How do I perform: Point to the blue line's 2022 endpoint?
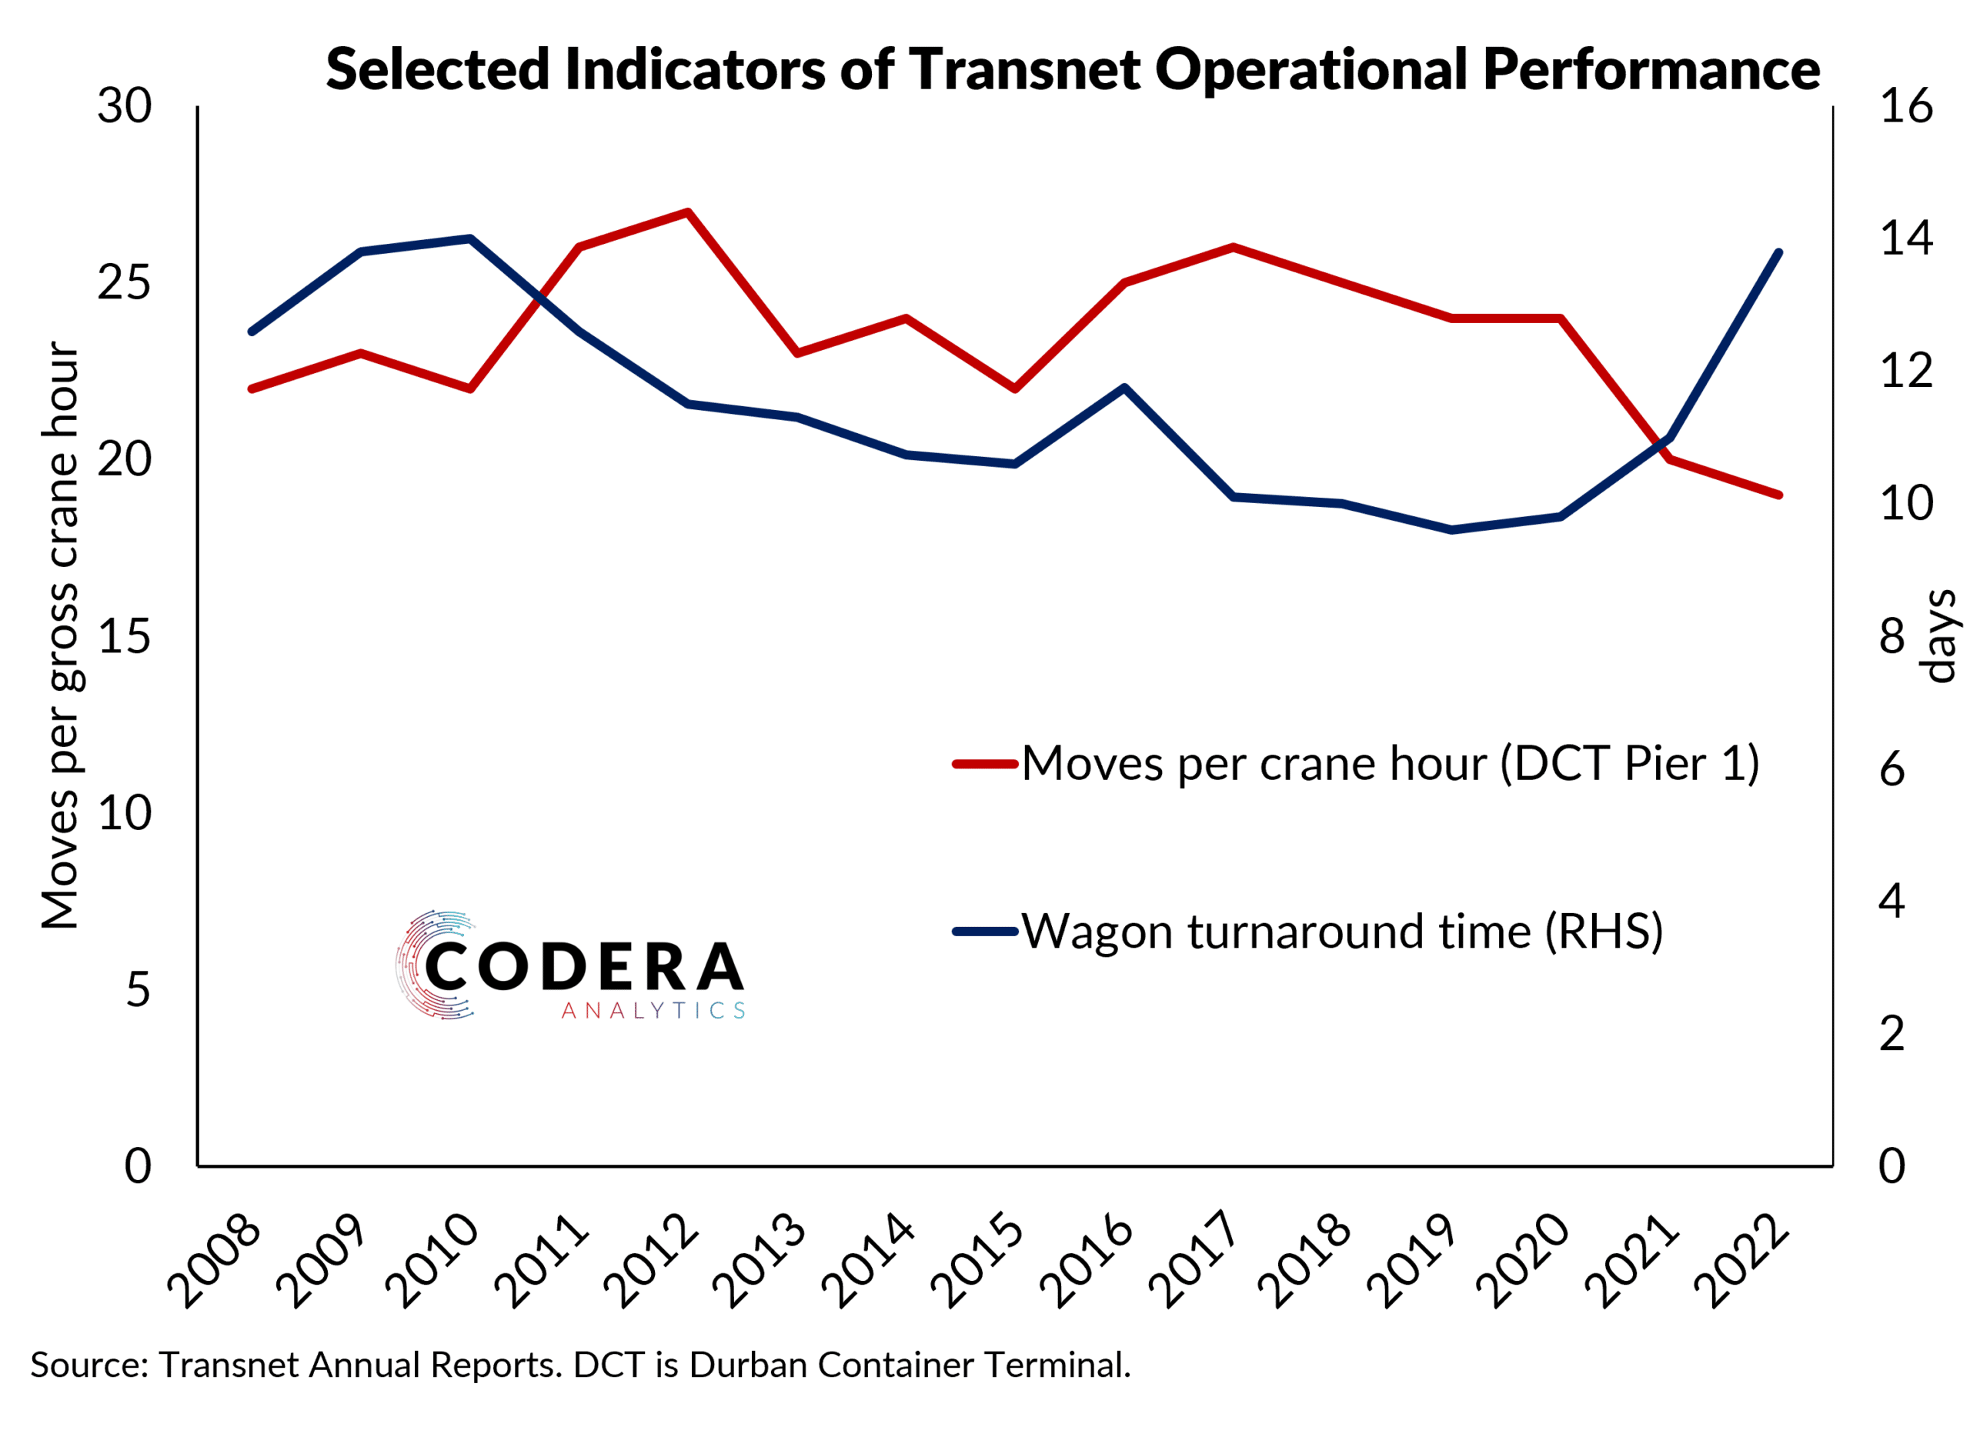tap(1778, 253)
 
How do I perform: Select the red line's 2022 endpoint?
tap(1778, 495)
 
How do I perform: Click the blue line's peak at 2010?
tap(470, 238)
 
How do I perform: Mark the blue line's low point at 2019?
tap(1451, 530)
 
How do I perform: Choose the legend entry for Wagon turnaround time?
tap(1341, 930)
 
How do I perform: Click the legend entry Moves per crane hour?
tap(1388, 763)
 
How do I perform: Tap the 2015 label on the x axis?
tap(978, 1262)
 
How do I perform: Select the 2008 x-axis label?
tap(215, 1262)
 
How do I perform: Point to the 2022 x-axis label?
tap(1741, 1262)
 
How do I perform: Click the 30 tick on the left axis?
tap(125, 107)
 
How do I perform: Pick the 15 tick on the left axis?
tap(125, 637)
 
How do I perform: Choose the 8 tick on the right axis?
tap(1892, 637)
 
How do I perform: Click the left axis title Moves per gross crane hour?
tap(62, 635)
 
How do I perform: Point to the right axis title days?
tap(1938, 637)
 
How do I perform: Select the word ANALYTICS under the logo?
tap(653, 1011)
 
